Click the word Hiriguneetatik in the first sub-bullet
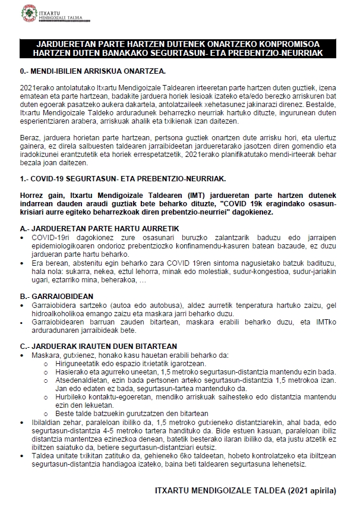(72, 363)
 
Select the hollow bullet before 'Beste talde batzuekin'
(48, 413)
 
